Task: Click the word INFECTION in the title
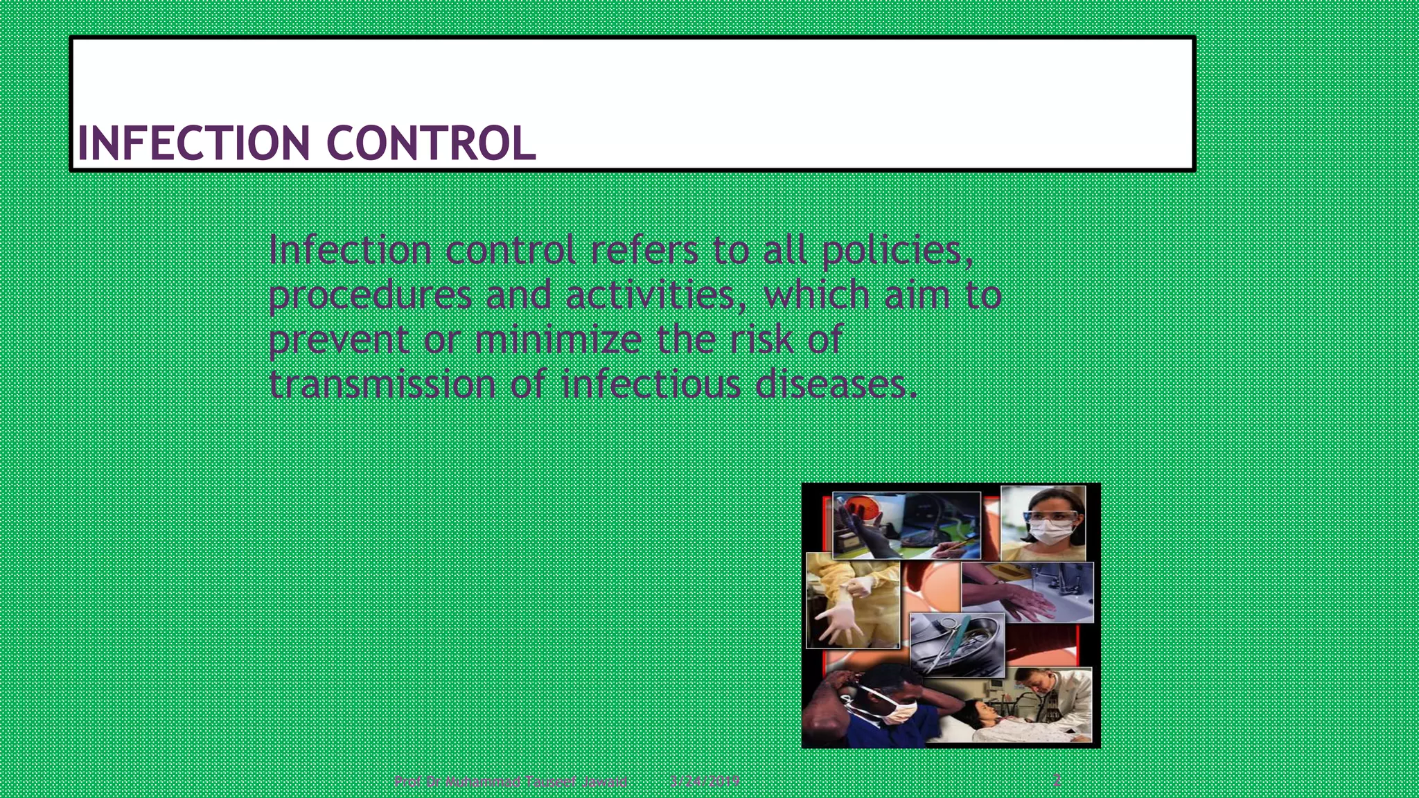point(193,143)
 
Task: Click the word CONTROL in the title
point(430,143)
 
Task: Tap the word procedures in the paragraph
point(370,296)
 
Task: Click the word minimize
point(557,340)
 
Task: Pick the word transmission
point(382,384)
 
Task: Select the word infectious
point(651,384)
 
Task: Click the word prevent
point(339,340)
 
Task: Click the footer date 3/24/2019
point(705,782)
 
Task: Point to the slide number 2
point(1057,781)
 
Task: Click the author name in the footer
point(511,782)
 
